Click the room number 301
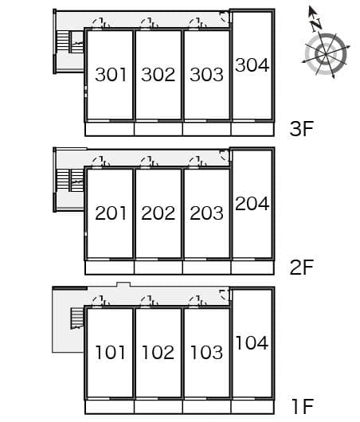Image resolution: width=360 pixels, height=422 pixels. tap(111, 75)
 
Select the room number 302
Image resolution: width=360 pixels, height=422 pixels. tap(158, 75)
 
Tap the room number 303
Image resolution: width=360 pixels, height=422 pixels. tap(207, 75)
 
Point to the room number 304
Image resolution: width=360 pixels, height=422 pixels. tap(252, 65)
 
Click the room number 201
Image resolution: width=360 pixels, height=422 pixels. tap(111, 213)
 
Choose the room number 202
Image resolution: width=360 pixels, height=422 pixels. tap(158, 213)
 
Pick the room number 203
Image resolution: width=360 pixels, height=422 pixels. tap(207, 213)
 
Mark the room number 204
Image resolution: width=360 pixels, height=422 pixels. tap(252, 204)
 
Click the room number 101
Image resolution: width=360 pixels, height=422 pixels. tap(111, 352)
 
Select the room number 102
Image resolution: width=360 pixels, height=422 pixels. tap(158, 352)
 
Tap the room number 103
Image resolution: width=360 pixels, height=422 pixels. tap(207, 352)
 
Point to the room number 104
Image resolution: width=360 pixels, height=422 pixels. tap(252, 343)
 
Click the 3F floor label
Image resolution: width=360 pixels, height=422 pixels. tap(302, 129)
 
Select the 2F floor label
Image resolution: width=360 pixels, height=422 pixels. tap(302, 268)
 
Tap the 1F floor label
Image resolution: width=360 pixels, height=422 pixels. tap(302, 408)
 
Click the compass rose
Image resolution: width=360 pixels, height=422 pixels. tap(325, 53)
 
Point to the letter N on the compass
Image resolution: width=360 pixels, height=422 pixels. tap(317, 24)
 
